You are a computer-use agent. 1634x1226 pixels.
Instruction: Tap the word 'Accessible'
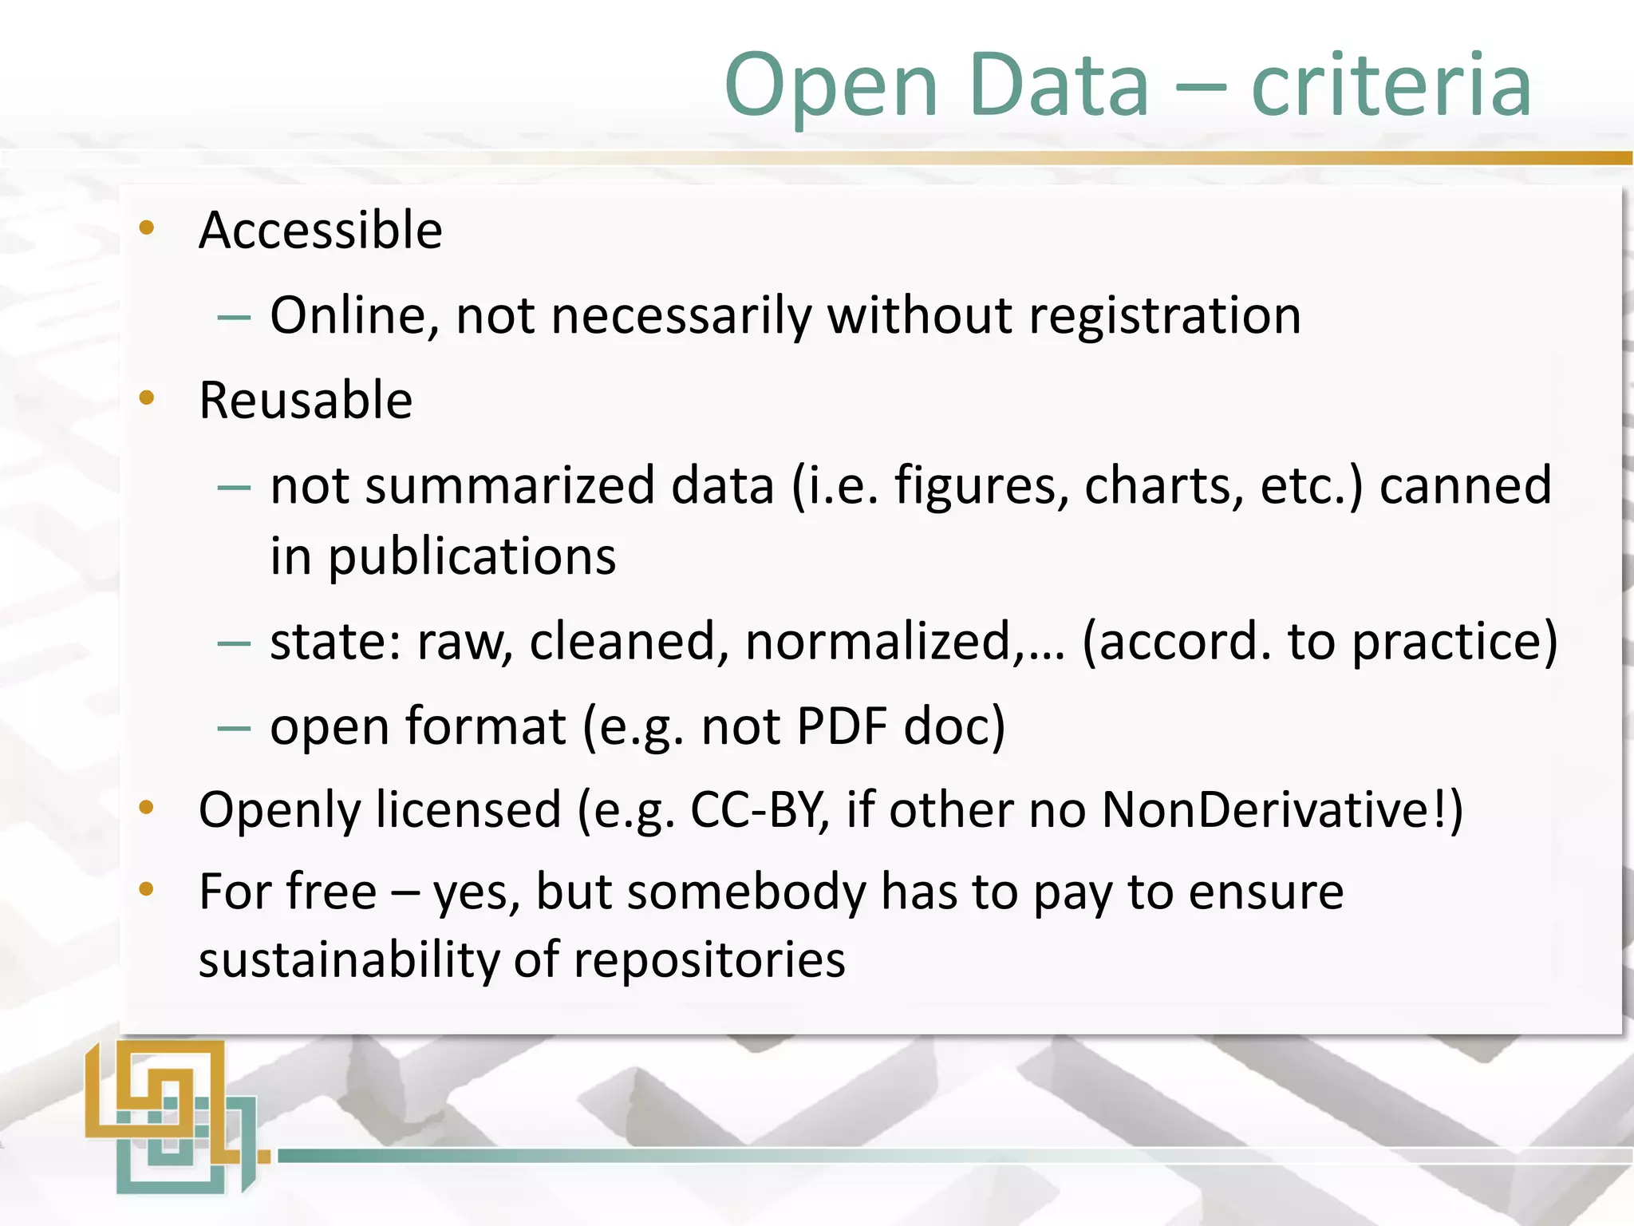[320, 230]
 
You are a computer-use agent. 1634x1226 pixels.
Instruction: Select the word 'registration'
[1165, 316]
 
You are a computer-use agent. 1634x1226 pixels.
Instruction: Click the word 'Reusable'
[306, 400]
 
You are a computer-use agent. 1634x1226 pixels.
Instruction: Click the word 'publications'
[472, 556]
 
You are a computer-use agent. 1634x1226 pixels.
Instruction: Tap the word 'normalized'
[878, 641]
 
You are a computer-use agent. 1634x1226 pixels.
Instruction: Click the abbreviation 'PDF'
[842, 726]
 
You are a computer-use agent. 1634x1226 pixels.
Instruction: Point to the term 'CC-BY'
[757, 810]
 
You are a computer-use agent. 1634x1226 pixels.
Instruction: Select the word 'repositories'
[709, 961]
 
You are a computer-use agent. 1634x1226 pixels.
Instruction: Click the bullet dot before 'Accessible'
[146, 228]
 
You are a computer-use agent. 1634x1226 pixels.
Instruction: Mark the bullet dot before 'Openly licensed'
[146, 808]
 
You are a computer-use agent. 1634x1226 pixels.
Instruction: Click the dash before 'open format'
[234, 727]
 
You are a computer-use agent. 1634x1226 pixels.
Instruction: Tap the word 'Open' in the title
[831, 86]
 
